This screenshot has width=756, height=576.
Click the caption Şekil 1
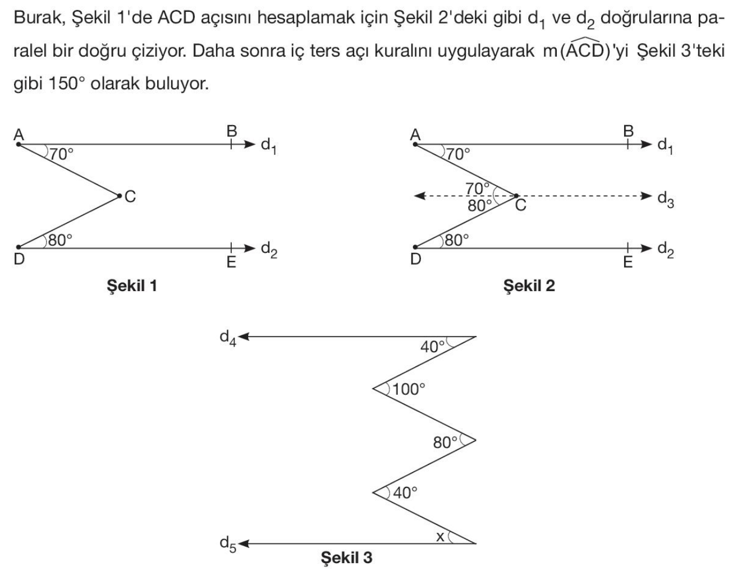coord(132,286)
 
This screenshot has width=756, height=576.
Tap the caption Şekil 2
coord(529,286)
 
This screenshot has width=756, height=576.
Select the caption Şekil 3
coord(346,557)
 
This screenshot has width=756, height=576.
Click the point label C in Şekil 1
coord(130,196)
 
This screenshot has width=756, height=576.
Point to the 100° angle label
coord(409,389)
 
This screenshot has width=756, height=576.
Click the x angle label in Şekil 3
coord(441,537)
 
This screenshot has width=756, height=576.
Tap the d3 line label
coord(665,199)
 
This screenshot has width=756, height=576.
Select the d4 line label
coord(227,338)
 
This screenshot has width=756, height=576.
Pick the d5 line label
coord(227,544)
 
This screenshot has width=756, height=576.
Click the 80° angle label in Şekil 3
coord(446,443)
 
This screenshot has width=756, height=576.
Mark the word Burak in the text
coord(37,18)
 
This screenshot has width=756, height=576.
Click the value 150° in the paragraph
coord(66,84)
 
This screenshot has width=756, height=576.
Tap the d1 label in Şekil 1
coord(269,146)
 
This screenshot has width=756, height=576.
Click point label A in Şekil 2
coord(415,134)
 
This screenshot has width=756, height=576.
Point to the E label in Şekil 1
coord(231,262)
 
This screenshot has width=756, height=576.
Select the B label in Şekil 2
coord(628,131)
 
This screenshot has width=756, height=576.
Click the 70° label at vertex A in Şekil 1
coord(62,154)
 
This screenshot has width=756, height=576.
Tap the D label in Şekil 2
coord(415,259)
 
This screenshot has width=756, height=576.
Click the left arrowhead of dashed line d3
coord(418,196)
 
